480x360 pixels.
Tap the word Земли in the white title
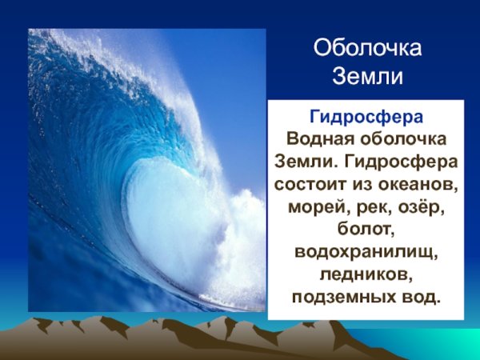(x=366, y=78)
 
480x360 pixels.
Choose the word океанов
(x=416, y=183)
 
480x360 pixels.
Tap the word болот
(x=364, y=229)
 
